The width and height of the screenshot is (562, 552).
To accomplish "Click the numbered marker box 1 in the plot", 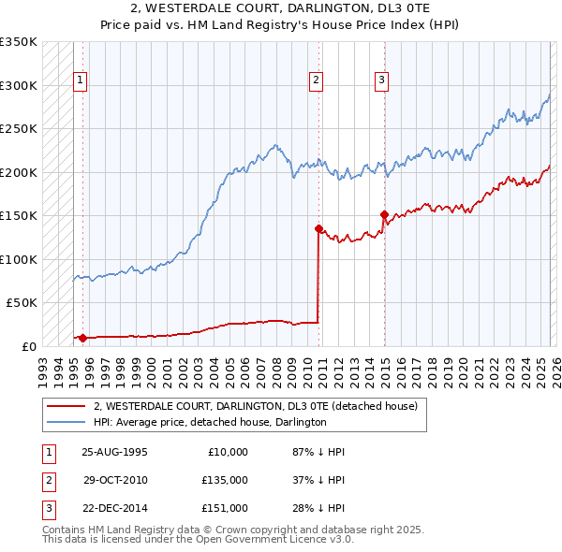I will pyautogui.click(x=81, y=81).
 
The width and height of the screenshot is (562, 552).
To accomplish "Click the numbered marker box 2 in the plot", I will pyautogui.click(x=317, y=81).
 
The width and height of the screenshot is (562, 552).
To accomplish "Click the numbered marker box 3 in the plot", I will pyautogui.click(x=382, y=81).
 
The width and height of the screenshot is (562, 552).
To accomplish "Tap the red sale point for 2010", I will pyautogui.click(x=318, y=228).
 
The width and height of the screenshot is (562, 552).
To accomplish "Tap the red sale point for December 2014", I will pyautogui.click(x=384, y=214).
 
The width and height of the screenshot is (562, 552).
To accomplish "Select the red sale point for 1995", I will pyautogui.click(x=82, y=338).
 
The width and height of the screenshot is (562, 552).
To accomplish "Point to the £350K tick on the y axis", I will pyautogui.click(x=19, y=42).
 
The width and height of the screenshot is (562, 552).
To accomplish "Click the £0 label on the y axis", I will pyautogui.click(x=28, y=346).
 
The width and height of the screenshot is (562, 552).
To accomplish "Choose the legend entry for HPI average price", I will pyautogui.click(x=209, y=422).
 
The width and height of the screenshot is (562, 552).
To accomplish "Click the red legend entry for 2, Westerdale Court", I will pyautogui.click(x=260, y=406).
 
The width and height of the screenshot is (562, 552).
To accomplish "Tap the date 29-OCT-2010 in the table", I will pyautogui.click(x=114, y=480).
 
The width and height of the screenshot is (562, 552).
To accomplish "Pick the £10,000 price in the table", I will pyautogui.click(x=228, y=452).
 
